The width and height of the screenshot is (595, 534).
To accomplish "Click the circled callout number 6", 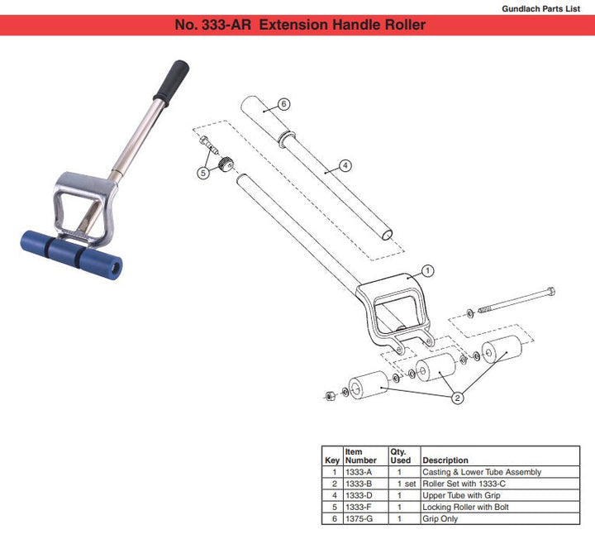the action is point(283,104).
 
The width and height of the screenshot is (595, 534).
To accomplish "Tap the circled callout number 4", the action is point(345,165).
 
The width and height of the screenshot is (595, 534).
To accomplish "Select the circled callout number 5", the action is point(203,173).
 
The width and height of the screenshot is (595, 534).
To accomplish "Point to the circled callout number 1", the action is point(428,270).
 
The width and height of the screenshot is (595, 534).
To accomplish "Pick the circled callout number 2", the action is point(457,398).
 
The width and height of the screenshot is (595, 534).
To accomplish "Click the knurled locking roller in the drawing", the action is point(226,164).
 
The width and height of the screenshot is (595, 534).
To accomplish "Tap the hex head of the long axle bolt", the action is point(551,292).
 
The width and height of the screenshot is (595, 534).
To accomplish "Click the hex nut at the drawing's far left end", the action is point(330,396).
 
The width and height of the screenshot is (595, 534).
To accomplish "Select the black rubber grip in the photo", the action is point(171,81).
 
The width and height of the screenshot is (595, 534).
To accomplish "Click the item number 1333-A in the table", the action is point(359,472).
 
